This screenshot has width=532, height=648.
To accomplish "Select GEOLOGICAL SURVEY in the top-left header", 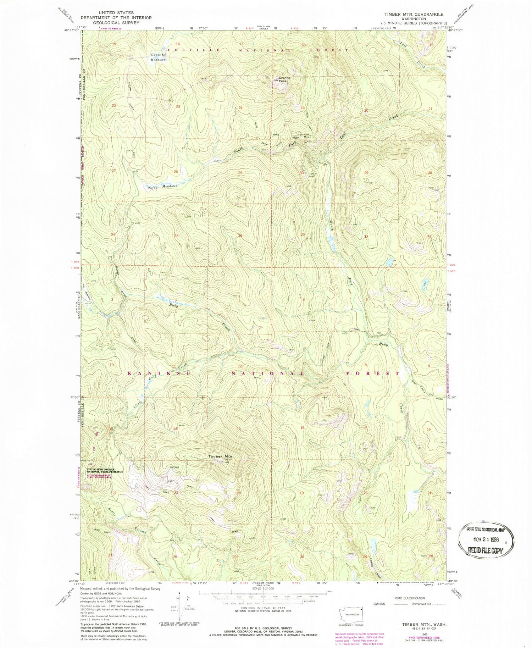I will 116,23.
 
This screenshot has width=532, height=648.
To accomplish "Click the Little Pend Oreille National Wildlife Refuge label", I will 105,470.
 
